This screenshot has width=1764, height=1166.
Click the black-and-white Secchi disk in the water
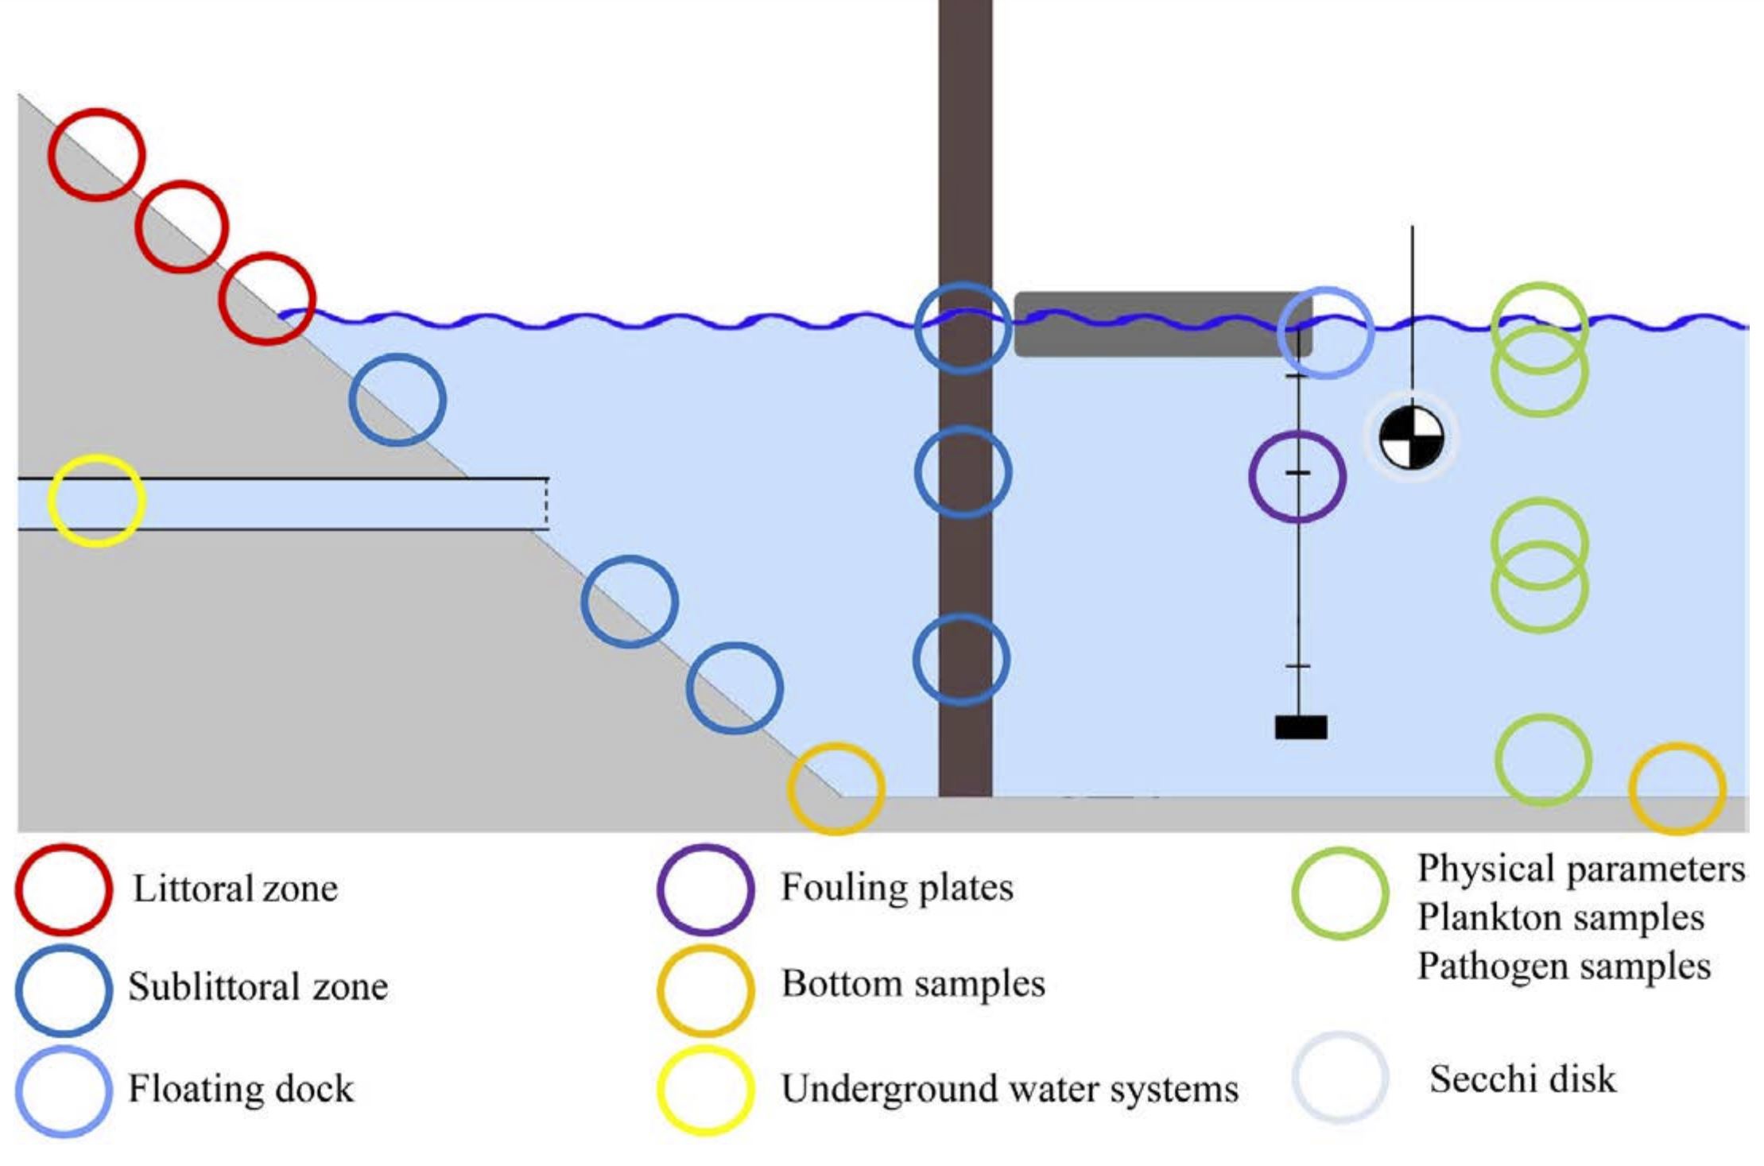(x=1411, y=436)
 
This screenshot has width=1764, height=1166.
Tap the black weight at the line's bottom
(x=1301, y=727)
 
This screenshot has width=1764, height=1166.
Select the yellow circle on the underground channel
(x=97, y=501)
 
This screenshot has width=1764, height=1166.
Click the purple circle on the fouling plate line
(x=1297, y=477)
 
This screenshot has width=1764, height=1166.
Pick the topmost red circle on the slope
(x=96, y=154)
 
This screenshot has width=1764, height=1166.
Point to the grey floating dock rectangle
(x=1161, y=324)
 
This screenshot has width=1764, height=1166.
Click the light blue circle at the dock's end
(x=1325, y=332)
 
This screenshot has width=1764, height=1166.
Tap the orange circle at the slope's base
(x=835, y=788)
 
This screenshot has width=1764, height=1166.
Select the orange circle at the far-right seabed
(x=1677, y=788)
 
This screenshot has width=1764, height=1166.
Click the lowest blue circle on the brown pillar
(x=962, y=659)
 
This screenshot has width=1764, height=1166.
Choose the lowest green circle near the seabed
(x=1543, y=760)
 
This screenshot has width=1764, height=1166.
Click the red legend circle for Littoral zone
(x=64, y=889)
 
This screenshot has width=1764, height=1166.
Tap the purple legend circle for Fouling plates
(x=705, y=889)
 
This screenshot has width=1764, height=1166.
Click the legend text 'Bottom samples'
(x=913, y=984)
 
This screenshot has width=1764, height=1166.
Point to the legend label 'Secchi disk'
(x=1522, y=1079)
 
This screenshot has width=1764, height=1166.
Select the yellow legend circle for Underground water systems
(x=705, y=1090)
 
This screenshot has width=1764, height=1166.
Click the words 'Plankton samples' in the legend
(x=1560, y=918)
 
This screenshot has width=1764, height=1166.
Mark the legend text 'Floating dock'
(x=241, y=1089)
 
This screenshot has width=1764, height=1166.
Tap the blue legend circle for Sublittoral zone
(x=64, y=990)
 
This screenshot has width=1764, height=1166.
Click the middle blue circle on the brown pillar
(x=963, y=472)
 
